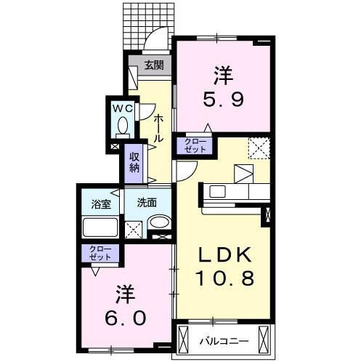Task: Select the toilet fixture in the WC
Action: click(x=122, y=129)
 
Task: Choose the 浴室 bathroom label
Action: click(x=101, y=204)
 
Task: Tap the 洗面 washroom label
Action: click(x=147, y=203)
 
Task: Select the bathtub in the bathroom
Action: click(x=101, y=228)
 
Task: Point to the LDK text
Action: click(x=226, y=255)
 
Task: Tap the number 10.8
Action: click(x=226, y=278)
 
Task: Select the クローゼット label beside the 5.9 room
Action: click(x=194, y=145)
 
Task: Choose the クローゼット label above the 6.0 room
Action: click(x=101, y=254)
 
